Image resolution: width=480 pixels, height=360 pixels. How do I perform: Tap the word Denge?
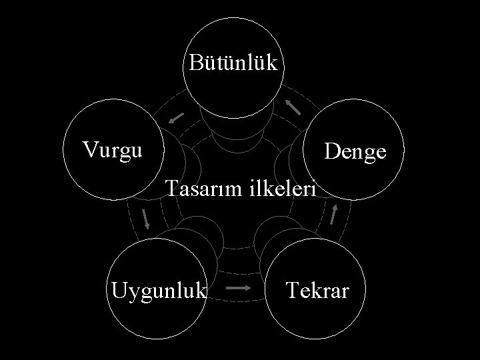[355, 152]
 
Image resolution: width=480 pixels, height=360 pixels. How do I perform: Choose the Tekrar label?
[317, 291]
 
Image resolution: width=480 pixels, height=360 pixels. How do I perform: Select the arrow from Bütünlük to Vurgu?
[176, 117]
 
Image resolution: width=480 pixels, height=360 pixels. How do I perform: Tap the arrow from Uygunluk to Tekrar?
[239, 289]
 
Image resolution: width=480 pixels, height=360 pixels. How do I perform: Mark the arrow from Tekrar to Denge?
[335, 213]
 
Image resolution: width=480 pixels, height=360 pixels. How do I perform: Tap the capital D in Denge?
[331, 151]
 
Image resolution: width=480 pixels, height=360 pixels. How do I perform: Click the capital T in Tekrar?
[291, 290]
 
